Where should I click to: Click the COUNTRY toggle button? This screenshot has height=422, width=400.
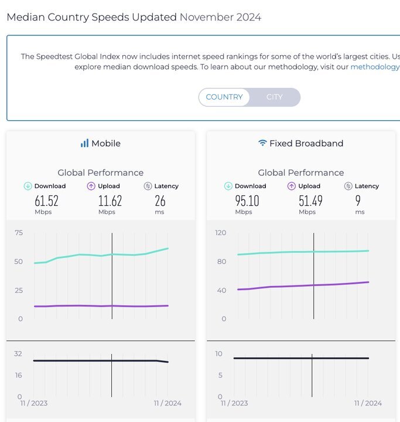pos(224,97)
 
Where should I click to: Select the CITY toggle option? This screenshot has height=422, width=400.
pos(274,97)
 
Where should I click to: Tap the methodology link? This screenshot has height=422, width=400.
pos(375,67)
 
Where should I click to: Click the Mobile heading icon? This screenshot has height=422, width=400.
pos(84,143)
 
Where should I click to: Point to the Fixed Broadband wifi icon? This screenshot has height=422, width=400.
pos(262,143)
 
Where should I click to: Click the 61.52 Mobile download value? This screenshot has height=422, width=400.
pos(46,201)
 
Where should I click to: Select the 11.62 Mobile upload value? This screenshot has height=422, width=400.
pos(110,201)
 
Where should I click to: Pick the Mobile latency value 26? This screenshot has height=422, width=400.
pos(160,201)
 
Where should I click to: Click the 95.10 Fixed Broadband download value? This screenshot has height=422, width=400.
pos(247,201)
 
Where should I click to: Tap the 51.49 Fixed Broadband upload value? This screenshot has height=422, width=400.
pos(310,201)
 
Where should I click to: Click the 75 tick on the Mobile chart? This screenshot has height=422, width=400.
pos(19,233)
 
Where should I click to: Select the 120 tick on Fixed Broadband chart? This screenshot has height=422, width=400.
pos(220,233)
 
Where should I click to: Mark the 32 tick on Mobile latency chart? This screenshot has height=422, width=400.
pos(18,354)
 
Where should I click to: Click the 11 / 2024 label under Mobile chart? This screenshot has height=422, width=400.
pos(167,403)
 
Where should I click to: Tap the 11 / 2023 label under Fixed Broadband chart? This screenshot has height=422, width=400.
pos(234,403)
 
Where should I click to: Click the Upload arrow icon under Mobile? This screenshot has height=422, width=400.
pos(91,186)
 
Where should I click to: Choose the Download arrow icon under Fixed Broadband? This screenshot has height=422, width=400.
pos(228,186)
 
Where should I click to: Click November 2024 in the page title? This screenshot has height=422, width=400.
pos(220,17)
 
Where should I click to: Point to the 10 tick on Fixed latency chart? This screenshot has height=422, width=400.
pos(219,354)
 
